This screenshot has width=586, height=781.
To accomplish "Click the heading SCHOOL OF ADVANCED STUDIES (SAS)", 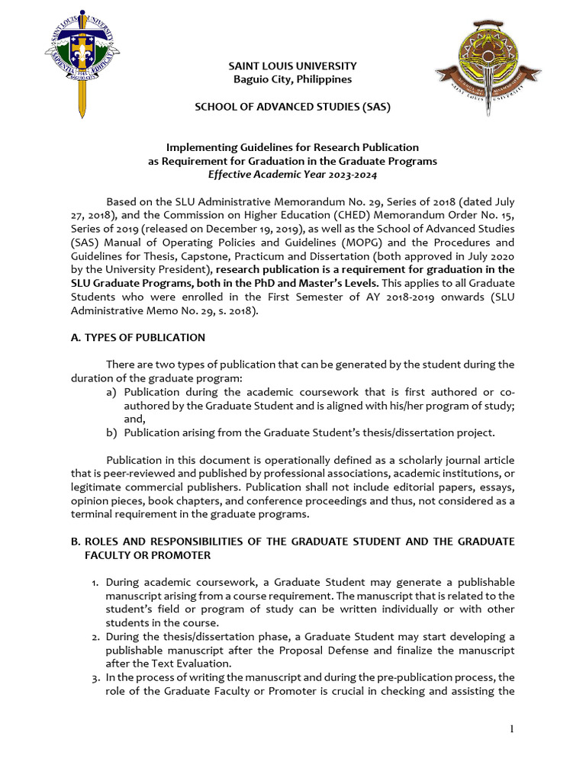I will pyautogui.click(x=293, y=107).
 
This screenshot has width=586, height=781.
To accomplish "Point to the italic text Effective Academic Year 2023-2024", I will pyautogui.click(x=292, y=174).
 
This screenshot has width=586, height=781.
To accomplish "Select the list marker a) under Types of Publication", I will pyautogui.click(x=111, y=392).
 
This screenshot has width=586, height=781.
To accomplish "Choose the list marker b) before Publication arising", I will pyautogui.click(x=111, y=432).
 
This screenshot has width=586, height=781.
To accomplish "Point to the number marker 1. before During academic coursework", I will pyautogui.click(x=95, y=582).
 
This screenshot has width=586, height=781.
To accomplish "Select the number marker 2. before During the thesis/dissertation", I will pyautogui.click(x=95, y=637).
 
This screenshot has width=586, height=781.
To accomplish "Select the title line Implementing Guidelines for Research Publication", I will pyautogui.click(x=292, y=147).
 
